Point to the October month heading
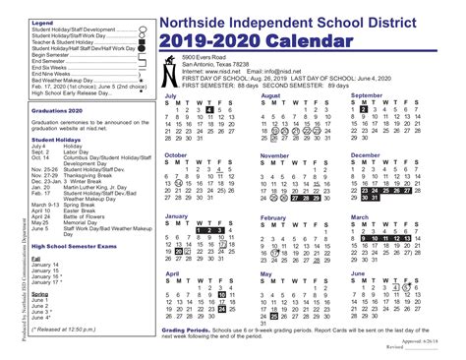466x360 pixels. coord(177,154)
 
